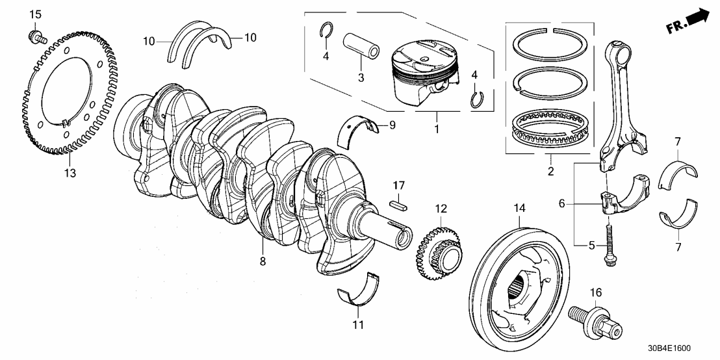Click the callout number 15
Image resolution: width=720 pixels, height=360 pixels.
[x=36, y=14]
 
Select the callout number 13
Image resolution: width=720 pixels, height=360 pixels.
[x=70, y=173]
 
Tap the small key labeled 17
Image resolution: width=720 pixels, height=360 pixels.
[x=398, y=203]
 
